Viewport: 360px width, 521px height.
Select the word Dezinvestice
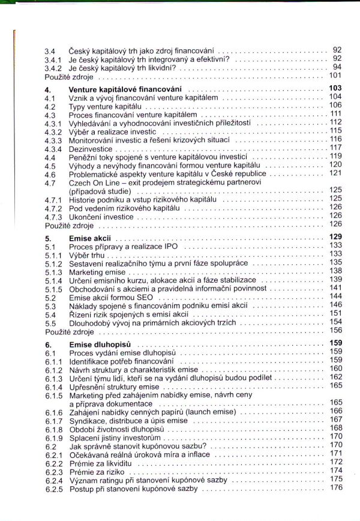click(x=90, y=148)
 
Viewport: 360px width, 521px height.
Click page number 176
click(x=335, y=487)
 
